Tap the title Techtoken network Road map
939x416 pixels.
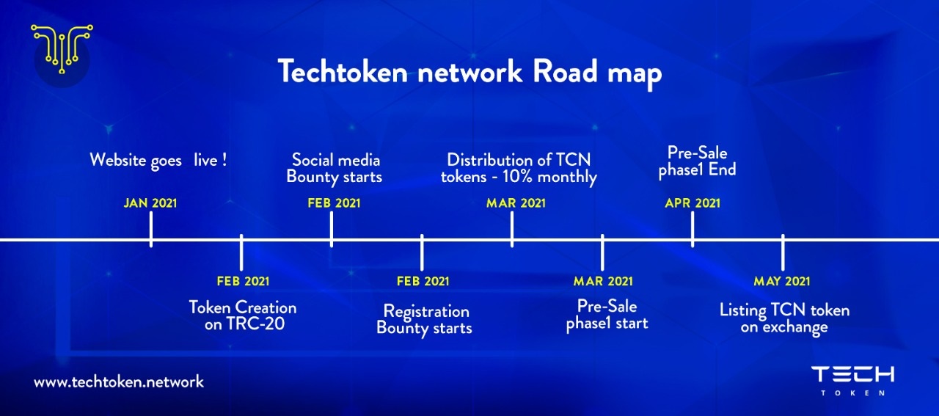click(x=469, y=73)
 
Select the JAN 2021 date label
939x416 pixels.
click(x=150, y=203)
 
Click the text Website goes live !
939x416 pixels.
click(x=158, y=161)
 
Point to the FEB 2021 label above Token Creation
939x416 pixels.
click(x=243, y=282)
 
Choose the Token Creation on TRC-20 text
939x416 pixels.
click(x=243, y=315)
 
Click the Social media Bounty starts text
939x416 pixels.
click(x=335, y=169)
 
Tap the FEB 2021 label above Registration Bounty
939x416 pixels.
click(x=423, y=282)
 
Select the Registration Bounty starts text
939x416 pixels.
click(x=424, y=321)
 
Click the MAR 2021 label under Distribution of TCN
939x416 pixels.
click(x=516, y=203)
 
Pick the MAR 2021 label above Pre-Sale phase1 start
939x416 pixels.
click(x=603, y=282)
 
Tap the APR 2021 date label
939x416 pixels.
click(x=693, y=203)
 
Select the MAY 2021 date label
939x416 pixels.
click(x=782, y=282)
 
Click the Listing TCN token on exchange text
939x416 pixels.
click(x=784, y=319)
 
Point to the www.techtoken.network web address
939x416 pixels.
click(x=119, y=382)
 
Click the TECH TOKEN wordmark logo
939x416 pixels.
click(x=852, y=380)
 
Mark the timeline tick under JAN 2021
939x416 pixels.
click(x=151, y=230)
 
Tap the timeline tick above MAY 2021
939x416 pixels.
click(x=783, y=252)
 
